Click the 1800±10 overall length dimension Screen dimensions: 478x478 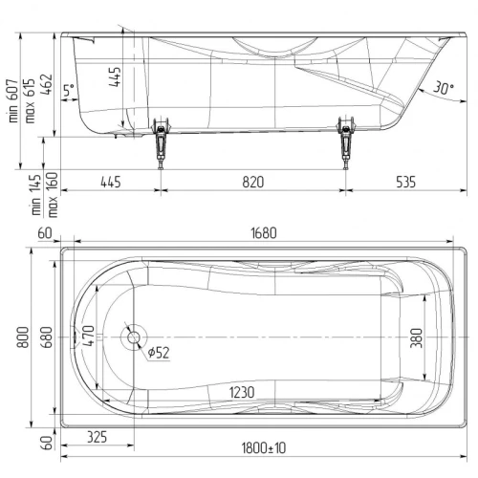click(264, 448)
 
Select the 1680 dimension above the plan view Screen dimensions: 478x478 click(264, 233)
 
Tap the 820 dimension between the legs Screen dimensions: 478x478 click(253, 183)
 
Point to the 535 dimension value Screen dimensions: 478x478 click(405, 183)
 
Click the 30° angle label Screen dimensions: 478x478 click(444, 88)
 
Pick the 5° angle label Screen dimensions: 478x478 click(69, 90)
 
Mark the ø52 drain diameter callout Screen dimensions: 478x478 click(159, 353)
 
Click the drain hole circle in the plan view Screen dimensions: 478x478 click(134, 337)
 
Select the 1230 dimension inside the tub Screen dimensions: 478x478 click(242, 393)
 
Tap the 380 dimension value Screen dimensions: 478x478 click(416, 338)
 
